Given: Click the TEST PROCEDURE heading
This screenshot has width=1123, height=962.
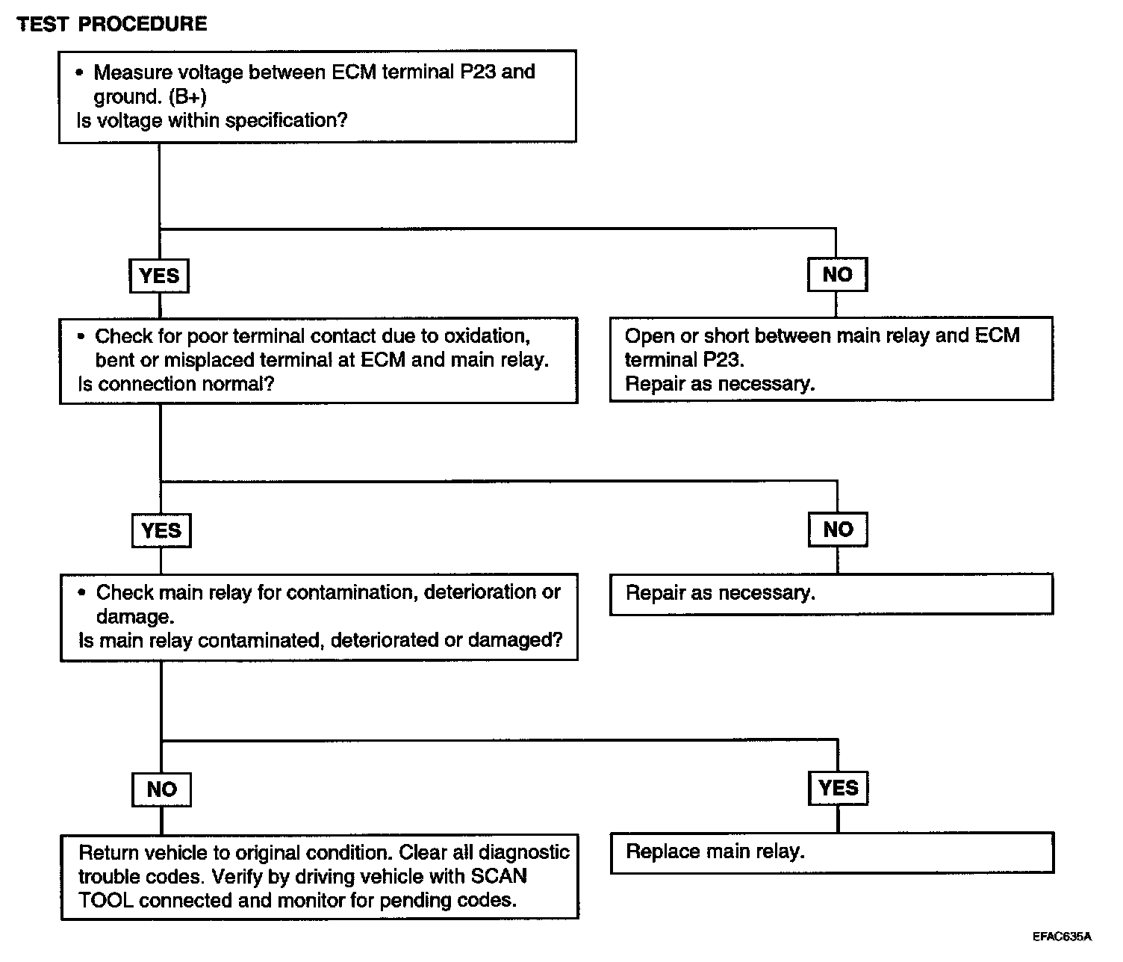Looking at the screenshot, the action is (111, 24).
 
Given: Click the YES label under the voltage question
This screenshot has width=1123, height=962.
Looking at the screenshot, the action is (159, 276).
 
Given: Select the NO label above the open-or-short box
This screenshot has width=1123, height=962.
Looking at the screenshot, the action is (837, 274).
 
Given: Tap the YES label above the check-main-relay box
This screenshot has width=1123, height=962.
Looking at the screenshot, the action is (161, 530).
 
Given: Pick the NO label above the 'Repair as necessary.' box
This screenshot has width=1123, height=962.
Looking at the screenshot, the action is (838, 530).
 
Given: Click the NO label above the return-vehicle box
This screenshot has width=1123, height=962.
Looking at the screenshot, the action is (161, 789).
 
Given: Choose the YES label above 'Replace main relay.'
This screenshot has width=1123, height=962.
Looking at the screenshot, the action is (839, 787).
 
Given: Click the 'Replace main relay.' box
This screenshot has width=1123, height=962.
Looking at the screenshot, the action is (832, 852).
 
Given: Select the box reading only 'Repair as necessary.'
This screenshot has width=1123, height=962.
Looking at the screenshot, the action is (831, 594).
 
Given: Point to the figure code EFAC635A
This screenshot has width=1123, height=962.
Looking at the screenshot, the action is (1062, 936).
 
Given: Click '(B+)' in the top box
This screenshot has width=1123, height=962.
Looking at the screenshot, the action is (187, 97).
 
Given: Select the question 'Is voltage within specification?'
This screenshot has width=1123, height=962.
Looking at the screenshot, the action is (212, 120).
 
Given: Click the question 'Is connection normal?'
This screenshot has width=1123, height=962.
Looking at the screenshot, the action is (176, 384).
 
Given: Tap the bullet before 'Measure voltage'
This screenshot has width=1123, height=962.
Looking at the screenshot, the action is (80, 72).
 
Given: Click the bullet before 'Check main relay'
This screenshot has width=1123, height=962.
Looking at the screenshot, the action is (82, 592).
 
